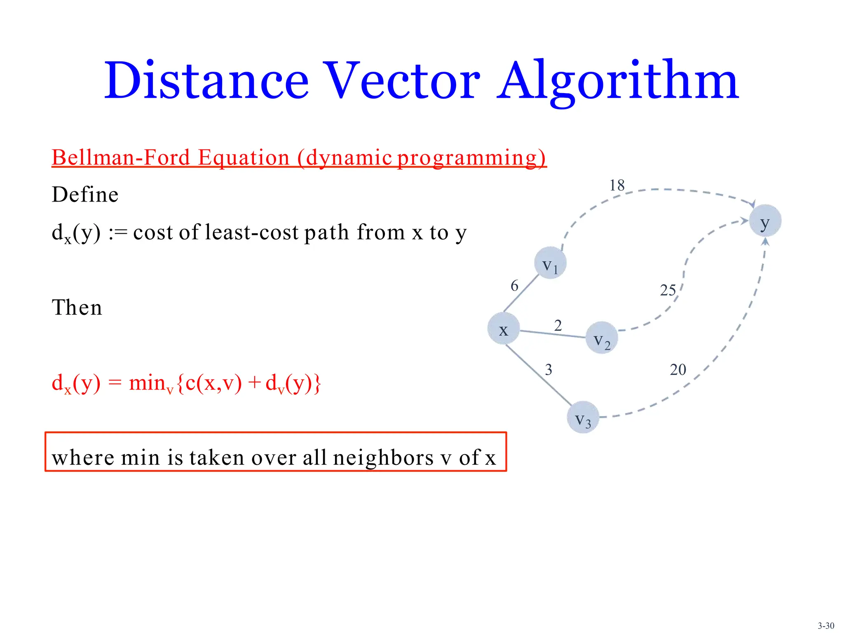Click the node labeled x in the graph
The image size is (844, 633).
point(503,328)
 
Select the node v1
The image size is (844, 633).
point(550,263)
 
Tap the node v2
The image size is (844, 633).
point(602,338)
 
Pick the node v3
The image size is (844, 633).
point(583,417)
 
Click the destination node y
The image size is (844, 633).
point(765,221)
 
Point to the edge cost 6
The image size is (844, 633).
point(514,286)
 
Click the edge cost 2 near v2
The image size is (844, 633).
point(558,326)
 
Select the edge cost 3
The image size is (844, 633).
point(549,370)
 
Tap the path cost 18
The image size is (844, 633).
point(617,185)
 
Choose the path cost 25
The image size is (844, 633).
point(668,291)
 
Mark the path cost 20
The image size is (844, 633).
point(678,370)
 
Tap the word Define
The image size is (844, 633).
point(85,195)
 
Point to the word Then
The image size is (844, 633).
point(77,307)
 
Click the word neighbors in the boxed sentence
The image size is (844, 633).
point(383,458)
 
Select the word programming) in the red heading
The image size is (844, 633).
point(471,158)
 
